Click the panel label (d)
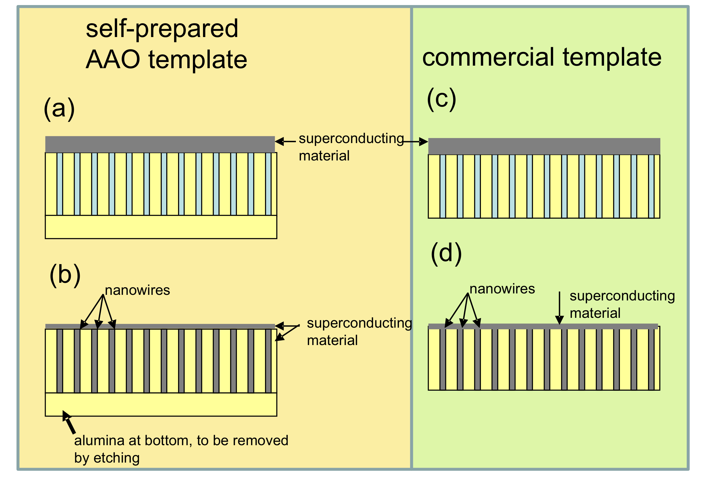[x=446, y=253]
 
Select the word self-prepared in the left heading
[x=162, y=29]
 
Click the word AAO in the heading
[x=113, y=59]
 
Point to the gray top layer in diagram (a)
[x=160, y=144]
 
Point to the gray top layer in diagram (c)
[x=544, y=146]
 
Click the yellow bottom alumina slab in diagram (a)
[x=161, y=227]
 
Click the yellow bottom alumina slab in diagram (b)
[x=161, y=404]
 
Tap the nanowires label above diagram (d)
[x=502, y=289]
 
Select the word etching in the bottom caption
[x=117, y=458]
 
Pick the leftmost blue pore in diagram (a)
[x=60, y=184]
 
